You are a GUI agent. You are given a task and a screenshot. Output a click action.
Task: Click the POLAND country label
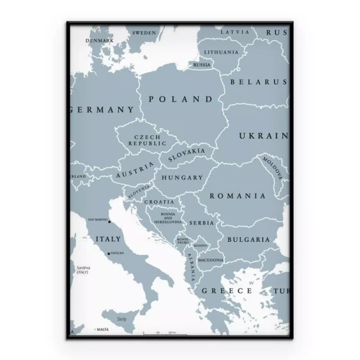point(173,99)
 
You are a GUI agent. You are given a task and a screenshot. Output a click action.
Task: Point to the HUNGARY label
point(181,177)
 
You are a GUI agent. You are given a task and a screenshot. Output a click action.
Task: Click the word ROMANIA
point(237,195)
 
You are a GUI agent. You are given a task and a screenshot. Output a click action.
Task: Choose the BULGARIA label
point(248,239)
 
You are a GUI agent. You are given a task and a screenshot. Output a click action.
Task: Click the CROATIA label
point(159,202)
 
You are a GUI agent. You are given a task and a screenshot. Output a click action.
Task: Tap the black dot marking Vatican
point(107,253)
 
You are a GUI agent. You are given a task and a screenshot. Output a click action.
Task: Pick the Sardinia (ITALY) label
point(84,270)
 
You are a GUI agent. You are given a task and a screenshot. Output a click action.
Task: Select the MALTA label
point(102,328)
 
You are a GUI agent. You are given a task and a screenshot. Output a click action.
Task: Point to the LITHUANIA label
point(221,53)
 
